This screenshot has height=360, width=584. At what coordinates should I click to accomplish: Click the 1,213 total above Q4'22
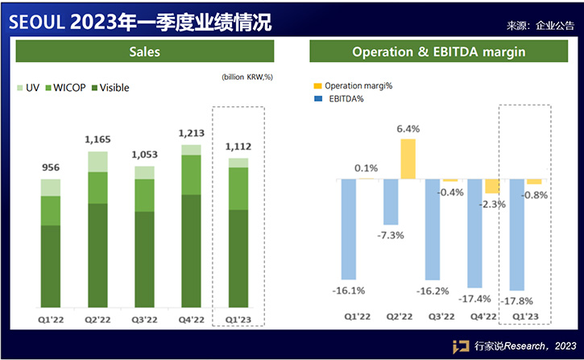191,133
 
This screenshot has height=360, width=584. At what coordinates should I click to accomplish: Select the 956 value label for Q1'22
51,168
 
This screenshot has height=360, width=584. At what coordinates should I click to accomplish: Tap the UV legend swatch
19,88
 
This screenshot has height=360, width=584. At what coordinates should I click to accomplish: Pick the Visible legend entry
109,88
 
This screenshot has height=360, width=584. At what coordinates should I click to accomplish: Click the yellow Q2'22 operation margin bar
408,159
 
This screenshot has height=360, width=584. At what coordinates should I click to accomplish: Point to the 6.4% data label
408,128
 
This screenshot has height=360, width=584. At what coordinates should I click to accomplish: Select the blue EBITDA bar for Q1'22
349,229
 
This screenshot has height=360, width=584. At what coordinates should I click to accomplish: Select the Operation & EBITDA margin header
439,52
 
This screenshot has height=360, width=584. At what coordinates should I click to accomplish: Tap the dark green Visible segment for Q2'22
97,254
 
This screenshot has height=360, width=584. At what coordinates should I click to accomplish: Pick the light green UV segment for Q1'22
51,188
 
